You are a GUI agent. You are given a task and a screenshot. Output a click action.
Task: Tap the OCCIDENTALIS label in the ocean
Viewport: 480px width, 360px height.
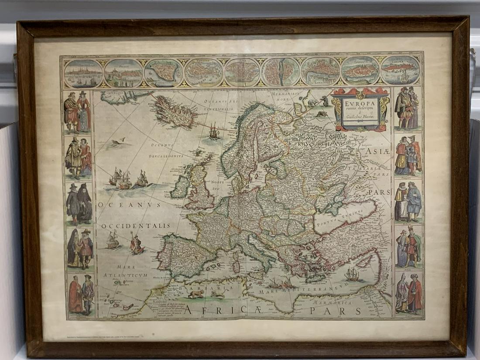[x=136, y=226]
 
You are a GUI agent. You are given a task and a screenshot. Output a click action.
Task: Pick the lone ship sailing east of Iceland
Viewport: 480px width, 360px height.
[x=214, y=131]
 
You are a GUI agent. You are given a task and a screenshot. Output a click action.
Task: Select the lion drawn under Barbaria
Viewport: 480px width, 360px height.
[x=195, y=295]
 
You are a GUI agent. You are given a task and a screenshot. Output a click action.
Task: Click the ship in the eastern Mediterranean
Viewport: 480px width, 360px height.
[x=352, y=274]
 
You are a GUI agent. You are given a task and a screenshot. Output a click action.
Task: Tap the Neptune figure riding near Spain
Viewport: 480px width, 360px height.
[x=137, y=244]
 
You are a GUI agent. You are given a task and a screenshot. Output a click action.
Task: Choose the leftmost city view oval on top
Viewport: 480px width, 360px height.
[x=83, y=73]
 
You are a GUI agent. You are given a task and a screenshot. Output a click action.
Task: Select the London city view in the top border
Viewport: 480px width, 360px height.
[x=320, y=72]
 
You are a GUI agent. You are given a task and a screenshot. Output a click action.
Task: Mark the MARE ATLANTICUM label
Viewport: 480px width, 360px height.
[x=125, y=271]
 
